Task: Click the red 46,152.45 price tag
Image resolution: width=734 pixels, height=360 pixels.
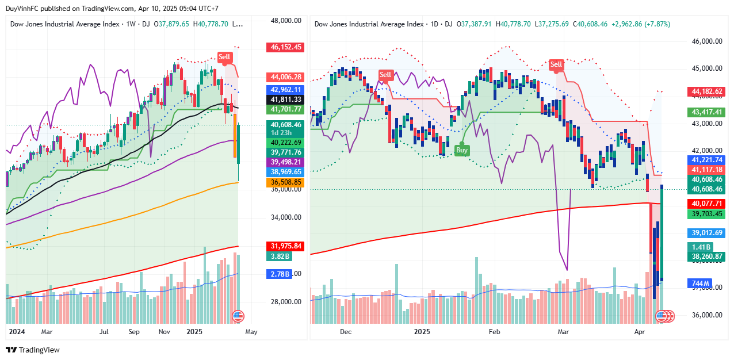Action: [285, 47]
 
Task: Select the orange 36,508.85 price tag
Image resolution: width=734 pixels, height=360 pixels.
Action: [285, 182]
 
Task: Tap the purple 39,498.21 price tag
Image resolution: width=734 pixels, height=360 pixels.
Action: [285, 162]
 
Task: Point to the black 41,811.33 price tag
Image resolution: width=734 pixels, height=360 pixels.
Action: [285, 99]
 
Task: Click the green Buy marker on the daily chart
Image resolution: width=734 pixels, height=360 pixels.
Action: [462, 150]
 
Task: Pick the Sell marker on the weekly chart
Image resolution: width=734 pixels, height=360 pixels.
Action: [224, 57]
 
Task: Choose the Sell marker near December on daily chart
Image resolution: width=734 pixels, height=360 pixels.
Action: [385, 75]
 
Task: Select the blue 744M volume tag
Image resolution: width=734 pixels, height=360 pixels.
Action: [699, 284]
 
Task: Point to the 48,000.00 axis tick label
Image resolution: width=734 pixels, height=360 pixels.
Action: [286, 21]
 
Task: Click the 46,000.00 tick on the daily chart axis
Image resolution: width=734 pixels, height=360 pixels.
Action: [706, 41]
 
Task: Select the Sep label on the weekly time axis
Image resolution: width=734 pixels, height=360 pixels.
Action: [134, 332]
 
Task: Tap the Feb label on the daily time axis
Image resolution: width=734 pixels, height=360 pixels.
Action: [494, 332]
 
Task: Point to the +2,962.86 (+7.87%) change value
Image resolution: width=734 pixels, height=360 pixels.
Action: [640, 24]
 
